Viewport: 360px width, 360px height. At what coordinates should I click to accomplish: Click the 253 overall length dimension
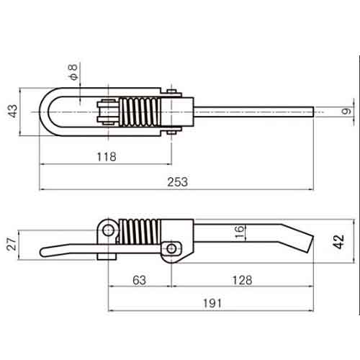coord(177,182)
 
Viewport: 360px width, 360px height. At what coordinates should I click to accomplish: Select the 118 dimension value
coord(107,157)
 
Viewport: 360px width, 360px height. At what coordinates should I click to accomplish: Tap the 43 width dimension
coord(13,111)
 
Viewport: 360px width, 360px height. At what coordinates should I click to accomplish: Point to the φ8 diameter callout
coord(73,72)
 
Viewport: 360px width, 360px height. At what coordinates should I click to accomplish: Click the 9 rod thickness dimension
coord(346,112)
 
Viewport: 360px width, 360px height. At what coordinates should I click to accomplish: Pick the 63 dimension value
coord(139,280)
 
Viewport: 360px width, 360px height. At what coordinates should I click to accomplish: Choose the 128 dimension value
coord(242,280)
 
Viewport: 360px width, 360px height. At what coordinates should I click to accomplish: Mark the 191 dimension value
coord(212,303)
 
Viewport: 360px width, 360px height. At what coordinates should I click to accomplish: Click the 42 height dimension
coord(338,242)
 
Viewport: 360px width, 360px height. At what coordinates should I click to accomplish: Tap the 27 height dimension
coord(12,244)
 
